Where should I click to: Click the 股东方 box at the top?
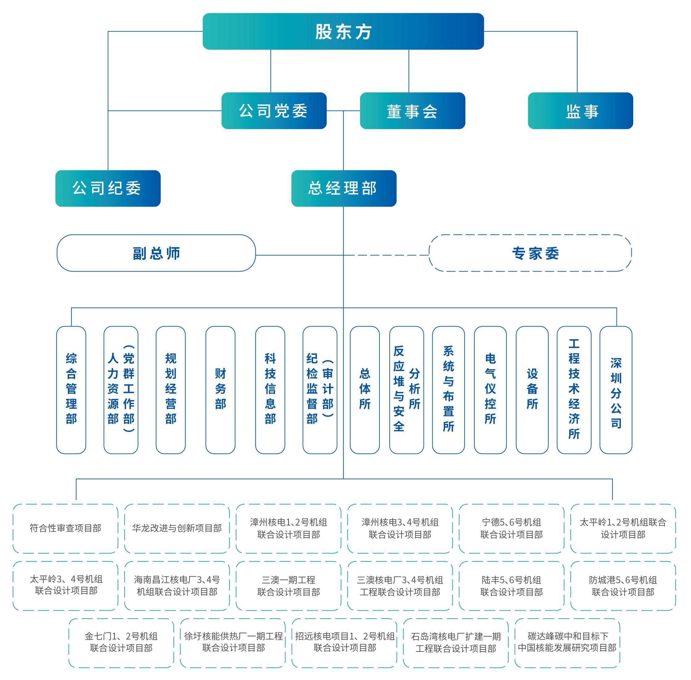click(343, 32)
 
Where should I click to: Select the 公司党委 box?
click(274, 111)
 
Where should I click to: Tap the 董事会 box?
click(412, 111)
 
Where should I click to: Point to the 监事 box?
click(580, 111)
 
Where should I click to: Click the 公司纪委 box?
click(108, 188)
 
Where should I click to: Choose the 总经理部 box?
click(344, 188)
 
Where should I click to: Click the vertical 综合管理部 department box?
click(71, 390)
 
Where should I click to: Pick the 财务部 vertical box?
click(220, 390)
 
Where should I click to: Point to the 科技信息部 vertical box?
click(270, 390)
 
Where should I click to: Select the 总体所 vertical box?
click(364, 390)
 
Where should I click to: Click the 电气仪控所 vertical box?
click(490, 390)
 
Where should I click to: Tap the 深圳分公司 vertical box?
click(616, 390)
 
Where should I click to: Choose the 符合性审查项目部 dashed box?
click(66, 528)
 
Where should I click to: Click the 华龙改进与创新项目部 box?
click(177, 528)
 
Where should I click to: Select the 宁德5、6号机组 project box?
click(511, 528)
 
